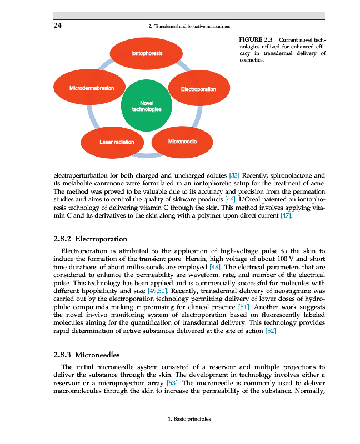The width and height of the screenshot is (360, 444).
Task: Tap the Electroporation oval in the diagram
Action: click(198, 89)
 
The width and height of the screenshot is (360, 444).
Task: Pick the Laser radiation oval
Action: click(117, 142)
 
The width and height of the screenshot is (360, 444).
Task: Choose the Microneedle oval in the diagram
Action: click(182, 142)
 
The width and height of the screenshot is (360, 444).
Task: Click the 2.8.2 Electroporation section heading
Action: click(91, 240)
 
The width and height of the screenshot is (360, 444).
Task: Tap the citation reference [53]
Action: click(173, 384)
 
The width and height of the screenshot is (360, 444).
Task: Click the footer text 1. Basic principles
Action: click(189, 419)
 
